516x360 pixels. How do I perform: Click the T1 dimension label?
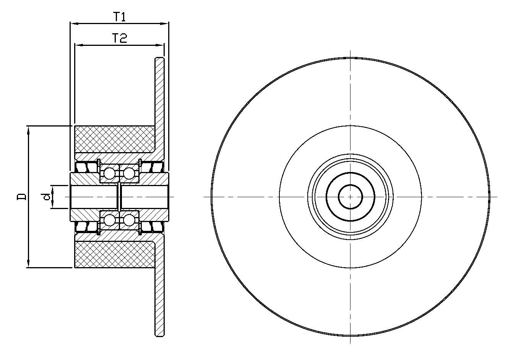click(x=120, y=17)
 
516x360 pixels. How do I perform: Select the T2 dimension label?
click(x=120, y=38)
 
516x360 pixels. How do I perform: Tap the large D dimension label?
click(x=21, y=196)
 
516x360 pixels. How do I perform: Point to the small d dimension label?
click(x=45, y=196)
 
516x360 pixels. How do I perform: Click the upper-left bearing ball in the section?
click(x=109, y=174)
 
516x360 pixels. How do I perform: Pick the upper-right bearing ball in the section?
click(x=129, y=174)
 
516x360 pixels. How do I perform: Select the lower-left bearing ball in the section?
click(x=109, y=220)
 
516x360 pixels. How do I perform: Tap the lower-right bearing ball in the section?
click(x=129, y=220)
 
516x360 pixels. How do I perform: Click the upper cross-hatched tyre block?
click(x=115, y=139)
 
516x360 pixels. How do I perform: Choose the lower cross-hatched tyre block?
click(x=115, y=255)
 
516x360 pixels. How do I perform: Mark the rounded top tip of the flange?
click(x=160, y=58)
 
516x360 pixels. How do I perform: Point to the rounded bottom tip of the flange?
click(x=160, y=336)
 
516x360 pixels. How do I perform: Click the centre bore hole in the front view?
click(x=350, y=197)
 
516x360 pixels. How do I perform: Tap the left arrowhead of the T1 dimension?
click(x=73, y=23)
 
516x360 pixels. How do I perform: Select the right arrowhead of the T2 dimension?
click(x=161, y=45)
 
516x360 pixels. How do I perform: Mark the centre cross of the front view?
click(x=350, y=197)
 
